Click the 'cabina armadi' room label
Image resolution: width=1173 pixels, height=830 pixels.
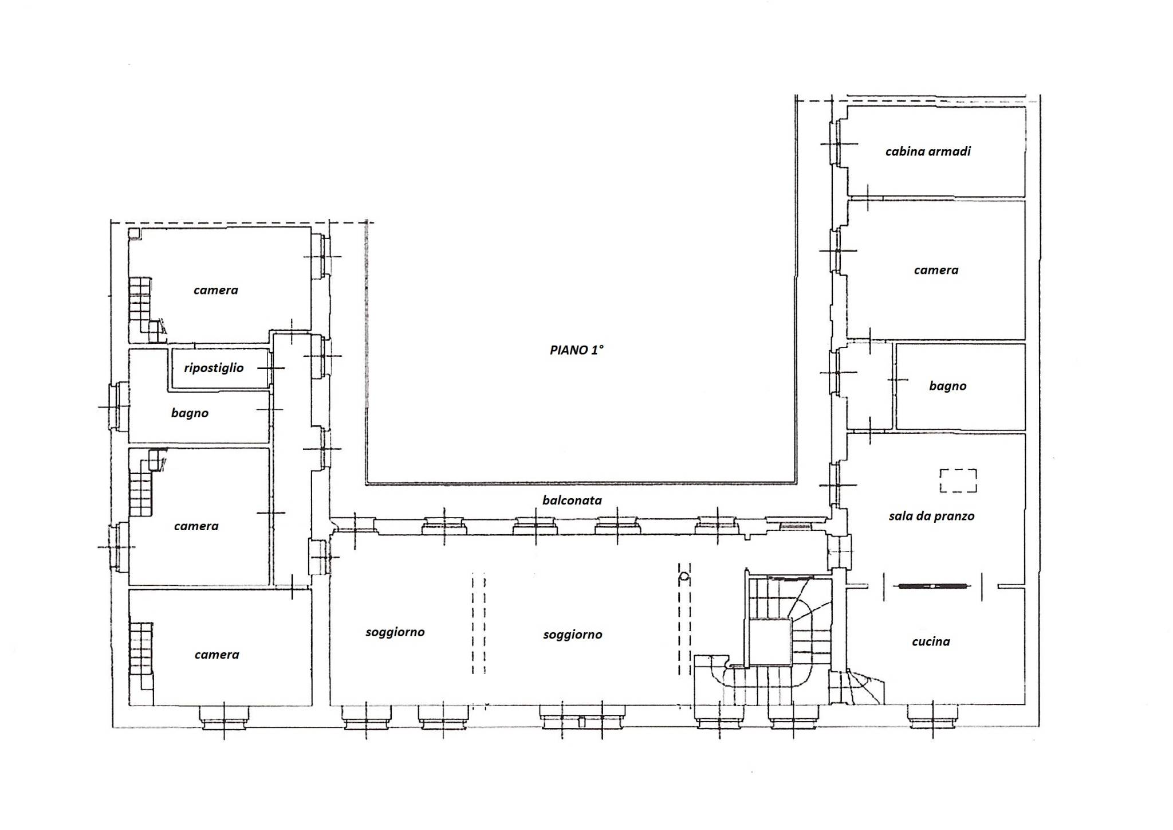pyautogui.click(x=928, y=151)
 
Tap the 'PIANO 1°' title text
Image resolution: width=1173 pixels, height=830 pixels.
pyautogui.click(x=576, y=350)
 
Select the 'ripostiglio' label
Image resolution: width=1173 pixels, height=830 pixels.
pyautogui.click(x=214, y=368)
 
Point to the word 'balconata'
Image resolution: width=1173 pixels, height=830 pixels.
pyautogui.click(x=572, y=500)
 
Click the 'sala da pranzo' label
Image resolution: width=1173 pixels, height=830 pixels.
pyautogui.click(x=931, y=516)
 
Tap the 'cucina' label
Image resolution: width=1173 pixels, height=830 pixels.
pyautogui.click(x=931, y=641)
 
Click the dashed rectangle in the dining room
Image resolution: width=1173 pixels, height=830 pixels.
pyautogui.click(x=958, y=480)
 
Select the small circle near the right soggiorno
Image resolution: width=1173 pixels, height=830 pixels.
pyautogui.click(x=684, y=577)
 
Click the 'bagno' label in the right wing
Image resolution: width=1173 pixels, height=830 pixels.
pyautogui.click(x=947, y=386)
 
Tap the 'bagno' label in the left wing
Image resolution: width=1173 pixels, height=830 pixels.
pyautogui.click(x=190, y=413)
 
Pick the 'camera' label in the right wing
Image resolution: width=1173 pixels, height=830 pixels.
pyautogui.click(x=936, y=270)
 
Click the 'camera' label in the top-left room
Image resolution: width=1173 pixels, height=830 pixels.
pyautogui.click(x=215, y=290)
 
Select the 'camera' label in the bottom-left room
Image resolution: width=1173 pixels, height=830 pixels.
pyautogui.click(x=217, y=655)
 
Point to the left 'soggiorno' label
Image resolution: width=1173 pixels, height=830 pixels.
pyautogui.click(x=395, y=632)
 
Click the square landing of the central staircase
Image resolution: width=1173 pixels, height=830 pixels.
pyautogui.click(x=770, y=643)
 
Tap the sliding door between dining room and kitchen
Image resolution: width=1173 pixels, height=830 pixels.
pyautogui.click(x=932, y=586)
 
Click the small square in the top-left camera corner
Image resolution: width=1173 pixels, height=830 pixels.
pyautogui.click(x=134, y=233)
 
